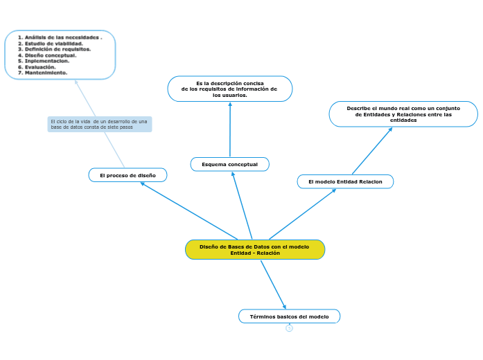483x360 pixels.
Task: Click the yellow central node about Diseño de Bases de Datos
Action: tap(255, 250)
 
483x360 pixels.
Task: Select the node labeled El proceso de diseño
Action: tap(128, 175)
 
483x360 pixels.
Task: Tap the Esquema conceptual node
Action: tap(229, 164)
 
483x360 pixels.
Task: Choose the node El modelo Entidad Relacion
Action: tap(345, 181)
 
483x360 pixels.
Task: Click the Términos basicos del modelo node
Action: tap(289, 316)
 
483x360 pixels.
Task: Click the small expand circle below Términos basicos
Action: tap(289, 328)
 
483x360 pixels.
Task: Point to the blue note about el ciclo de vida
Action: tap(99, 124)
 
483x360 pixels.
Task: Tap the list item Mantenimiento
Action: tap(46, 72)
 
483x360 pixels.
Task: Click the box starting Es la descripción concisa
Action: tap(229, 89)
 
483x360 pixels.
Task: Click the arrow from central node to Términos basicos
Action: tap(273, 284)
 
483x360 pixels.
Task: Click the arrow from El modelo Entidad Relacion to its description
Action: tap(371, 151)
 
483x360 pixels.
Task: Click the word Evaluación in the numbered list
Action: tap(40, 66)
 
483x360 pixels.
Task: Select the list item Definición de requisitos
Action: tap(58, 49)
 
